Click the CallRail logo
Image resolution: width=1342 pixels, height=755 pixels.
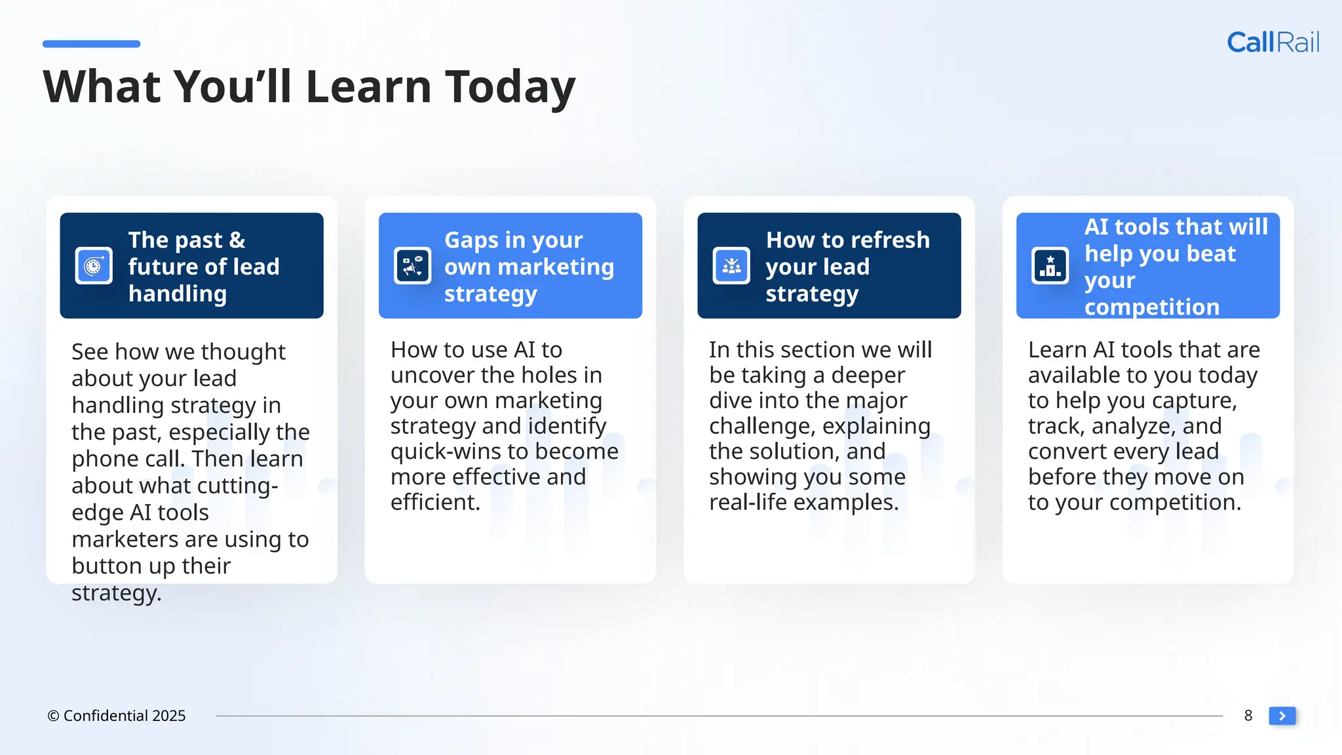click(x=1273, y=43)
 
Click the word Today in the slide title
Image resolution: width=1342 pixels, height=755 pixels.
click(x=510, y=87)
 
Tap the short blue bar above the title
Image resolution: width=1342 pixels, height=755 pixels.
click(x=91, y=44)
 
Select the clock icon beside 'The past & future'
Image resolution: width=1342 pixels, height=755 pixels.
click(x=94, y=265)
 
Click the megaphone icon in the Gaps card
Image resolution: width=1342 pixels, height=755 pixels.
click(x=412, y=265)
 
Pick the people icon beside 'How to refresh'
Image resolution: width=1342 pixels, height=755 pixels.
click(x=731, y=265)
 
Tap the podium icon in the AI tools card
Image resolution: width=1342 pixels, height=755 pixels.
click(x=1050, y=265)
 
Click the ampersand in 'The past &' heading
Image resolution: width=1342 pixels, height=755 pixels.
click(x=237, y=241)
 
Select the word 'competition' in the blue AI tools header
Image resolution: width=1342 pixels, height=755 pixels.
click(x=1151, y=307)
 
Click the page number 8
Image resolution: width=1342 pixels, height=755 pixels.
click(x=1248, y=716)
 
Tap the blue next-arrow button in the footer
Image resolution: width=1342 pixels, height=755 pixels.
click(x=1282, y=716)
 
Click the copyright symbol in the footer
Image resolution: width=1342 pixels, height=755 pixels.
click(x=53, y=716)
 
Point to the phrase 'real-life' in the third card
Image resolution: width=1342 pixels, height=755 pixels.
click(x=748, y=503)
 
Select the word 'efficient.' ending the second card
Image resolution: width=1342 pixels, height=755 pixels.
click(x=435, y=503)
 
